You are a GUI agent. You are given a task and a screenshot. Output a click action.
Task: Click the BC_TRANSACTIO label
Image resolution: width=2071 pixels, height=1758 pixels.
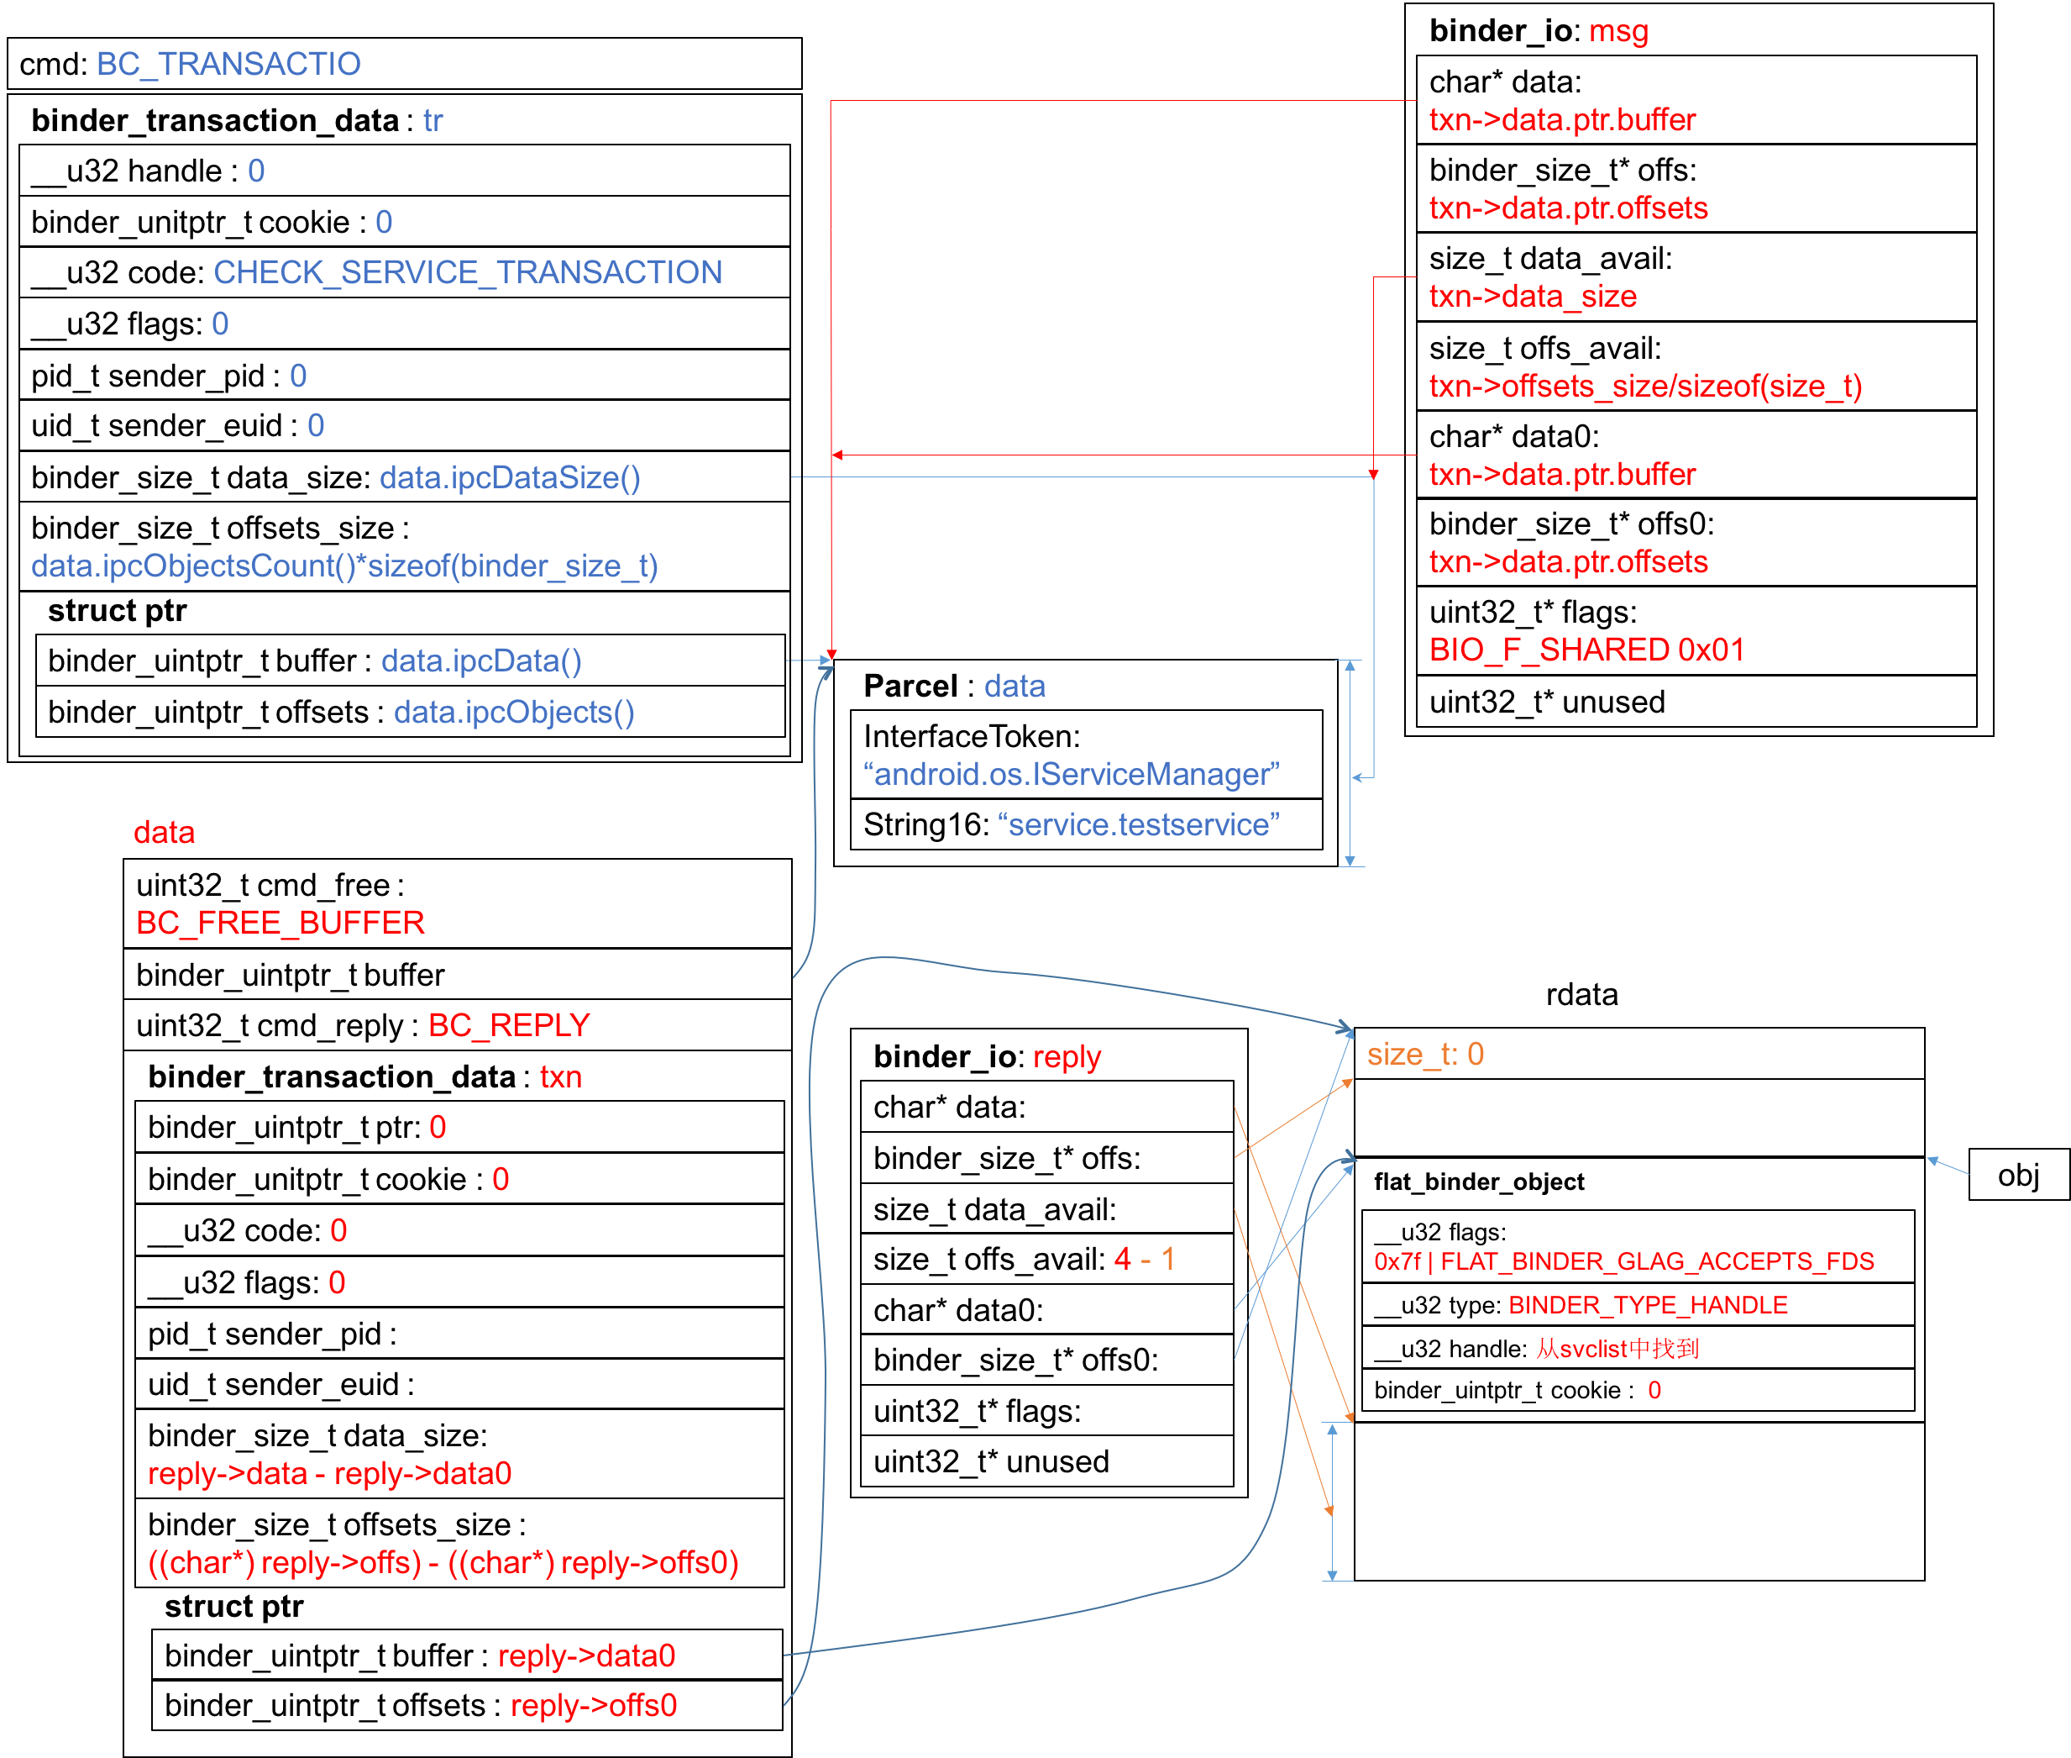pyautogui.click(x=228, y=64)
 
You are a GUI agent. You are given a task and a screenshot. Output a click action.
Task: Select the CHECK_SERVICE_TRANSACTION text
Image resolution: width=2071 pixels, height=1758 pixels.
pyautogui.click(x=467, y=272)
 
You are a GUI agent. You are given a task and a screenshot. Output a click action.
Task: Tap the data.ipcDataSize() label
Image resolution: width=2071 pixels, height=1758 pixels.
pyautogui.click(x=509, y=477)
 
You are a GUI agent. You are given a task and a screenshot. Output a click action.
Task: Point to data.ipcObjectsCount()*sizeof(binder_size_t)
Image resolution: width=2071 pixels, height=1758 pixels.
pyautogui.click(x=343, y=566)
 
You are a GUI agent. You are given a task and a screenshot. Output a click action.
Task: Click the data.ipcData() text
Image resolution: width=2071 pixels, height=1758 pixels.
pyautogui.click(x=481, y=661)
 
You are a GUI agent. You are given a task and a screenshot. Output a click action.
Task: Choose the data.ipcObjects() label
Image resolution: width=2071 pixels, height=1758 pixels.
pyautogui.click(x=513, y=712)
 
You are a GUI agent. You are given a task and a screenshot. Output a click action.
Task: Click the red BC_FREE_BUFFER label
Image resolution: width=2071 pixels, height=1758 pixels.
pyautogui.click(x=280, y=923)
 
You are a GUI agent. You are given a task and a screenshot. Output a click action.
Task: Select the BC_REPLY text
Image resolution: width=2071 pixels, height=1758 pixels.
pyautogui.click(x=508, y=1024)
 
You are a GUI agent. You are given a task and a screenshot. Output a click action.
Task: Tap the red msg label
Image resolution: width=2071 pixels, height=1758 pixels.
pyautogui.click(x=1617, y=31)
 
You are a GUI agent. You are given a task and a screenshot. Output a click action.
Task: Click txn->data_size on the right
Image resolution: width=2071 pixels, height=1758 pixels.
pyautogui.click(x=1532, y=296)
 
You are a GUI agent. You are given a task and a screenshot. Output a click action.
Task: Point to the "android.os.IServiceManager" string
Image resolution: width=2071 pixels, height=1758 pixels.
pyautogui.click(x=1071, y=774)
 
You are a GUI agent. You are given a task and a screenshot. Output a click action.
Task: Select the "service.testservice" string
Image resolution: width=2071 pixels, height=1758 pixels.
pyautogui.click(x=1138, y=824)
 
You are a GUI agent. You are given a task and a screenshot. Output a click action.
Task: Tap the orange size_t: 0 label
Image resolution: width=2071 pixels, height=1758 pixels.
pyautogui.click(x=1424, y=1055)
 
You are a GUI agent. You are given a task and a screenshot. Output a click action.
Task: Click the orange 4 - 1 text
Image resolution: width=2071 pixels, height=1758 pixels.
pyautogui.click(x=1144, y=1259)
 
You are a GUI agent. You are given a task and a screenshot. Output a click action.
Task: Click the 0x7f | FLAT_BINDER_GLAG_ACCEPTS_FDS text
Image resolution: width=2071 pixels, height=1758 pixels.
pyautogui.click(x=1623, y=1261)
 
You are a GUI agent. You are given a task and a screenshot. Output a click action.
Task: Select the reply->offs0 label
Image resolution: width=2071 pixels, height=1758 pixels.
pyautogui.click(x=593, y=1705)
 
